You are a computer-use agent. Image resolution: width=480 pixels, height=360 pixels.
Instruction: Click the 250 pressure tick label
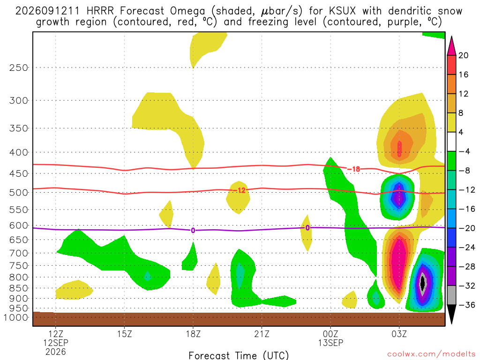point(19,67)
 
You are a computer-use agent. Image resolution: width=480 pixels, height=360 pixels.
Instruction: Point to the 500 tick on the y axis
point(19,193)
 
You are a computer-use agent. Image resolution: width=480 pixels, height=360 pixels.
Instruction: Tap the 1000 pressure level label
point(16,317)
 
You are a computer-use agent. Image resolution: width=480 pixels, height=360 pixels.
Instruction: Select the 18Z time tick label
point(193,334)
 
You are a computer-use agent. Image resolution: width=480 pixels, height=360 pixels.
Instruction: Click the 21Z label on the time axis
point(262,334)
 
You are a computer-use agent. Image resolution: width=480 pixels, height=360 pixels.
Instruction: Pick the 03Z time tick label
point(399,334)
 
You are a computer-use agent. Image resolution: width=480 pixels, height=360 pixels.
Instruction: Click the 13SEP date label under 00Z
point(330,343)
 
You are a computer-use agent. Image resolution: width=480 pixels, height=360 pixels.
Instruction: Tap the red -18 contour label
point(354,169)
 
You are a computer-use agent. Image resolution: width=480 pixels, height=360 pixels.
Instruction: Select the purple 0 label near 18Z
point(193,231)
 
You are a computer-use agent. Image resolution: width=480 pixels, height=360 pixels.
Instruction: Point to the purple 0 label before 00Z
point(307,228)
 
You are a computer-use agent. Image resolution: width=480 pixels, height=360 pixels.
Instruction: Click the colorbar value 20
point(463,55)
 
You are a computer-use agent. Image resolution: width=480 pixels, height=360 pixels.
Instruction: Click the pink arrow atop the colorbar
point(451,45)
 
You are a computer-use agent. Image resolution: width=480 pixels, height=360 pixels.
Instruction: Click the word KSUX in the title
point(342,11)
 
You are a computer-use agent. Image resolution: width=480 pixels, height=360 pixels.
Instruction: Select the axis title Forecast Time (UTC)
point(239,355)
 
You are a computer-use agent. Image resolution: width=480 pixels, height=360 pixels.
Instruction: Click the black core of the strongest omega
point(423,283)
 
